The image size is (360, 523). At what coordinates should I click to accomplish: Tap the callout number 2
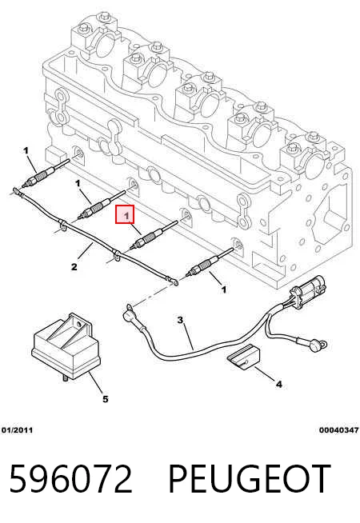tap(74, 267)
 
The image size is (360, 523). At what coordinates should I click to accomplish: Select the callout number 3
tap(180, 320)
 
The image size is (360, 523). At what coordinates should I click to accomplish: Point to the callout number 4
tap(279, 385)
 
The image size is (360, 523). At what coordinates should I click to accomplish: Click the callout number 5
tap(105, 399)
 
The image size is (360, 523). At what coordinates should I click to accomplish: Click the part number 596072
tap(70, 479)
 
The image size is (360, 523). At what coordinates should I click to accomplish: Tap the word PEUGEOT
tap(249, 479)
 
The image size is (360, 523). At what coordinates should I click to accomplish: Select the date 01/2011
tap(17, 430)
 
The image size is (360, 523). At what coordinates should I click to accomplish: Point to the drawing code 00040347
tap(338, 430)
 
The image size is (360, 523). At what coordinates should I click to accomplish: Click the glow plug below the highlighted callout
tap(154, 234)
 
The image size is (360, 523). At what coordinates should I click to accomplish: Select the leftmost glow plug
tap(46, 173)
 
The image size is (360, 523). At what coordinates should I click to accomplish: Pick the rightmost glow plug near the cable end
tap(210, 261)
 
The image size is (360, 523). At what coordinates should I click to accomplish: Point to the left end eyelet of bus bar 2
tap(14, 191)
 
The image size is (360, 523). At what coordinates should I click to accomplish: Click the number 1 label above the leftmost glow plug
tap(26, 151)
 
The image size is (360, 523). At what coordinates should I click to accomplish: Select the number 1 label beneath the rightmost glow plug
tap(224, 289)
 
